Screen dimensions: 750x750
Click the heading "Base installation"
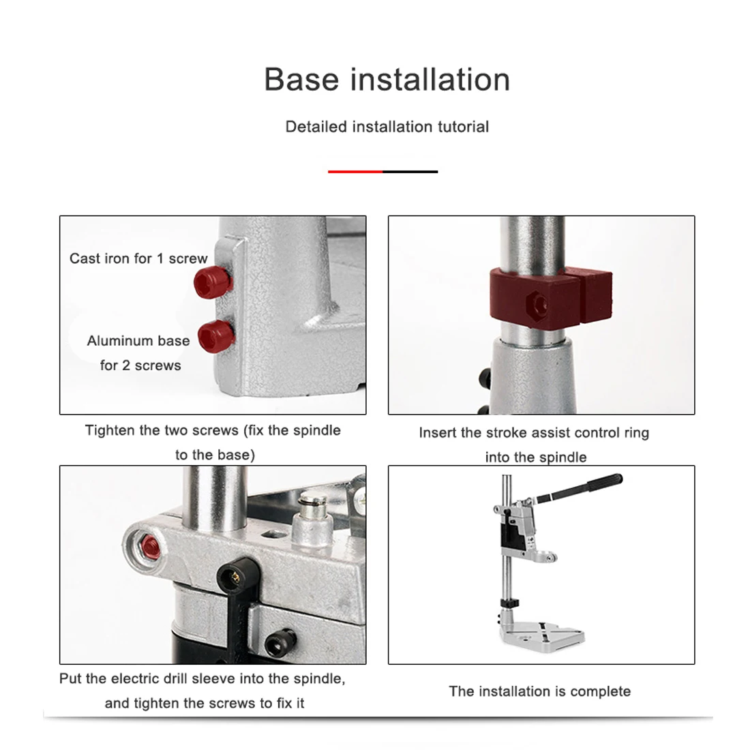pos(387,79)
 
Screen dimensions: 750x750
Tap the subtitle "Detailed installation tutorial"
pos(387,127)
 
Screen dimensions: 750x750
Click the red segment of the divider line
pos(355,171)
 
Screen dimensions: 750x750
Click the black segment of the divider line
pos(410,171)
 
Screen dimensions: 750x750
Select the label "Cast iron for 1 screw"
pos(138,258)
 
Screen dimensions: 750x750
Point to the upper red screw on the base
pos(213,282)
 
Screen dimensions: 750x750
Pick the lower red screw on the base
pos(216,336)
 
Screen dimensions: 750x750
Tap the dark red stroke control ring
pos(550,298)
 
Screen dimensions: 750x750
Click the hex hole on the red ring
pos(538,304)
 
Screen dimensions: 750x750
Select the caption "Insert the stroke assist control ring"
pos(534,433)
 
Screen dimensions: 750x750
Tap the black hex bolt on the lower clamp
pos(281,642)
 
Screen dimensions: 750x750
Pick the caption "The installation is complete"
pos(539,691)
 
